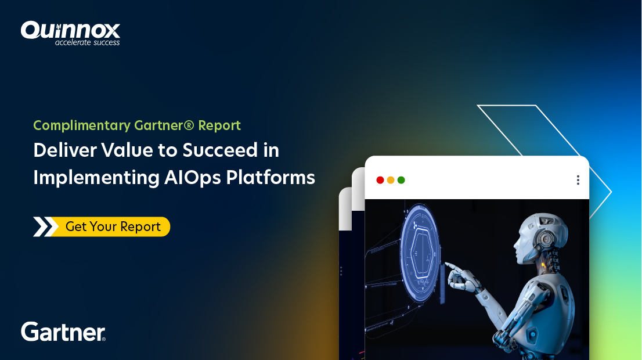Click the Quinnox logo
(x=70, y=30)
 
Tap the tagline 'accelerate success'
(x=87, y=42)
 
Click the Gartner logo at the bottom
(x=63, y=332)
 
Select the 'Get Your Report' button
(x=113, y=226)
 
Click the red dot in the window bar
(x=380, y=180)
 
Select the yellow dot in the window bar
(x=391, y=180)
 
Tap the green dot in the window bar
(x=401, y=180)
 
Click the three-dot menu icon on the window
(x=578, y=180)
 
